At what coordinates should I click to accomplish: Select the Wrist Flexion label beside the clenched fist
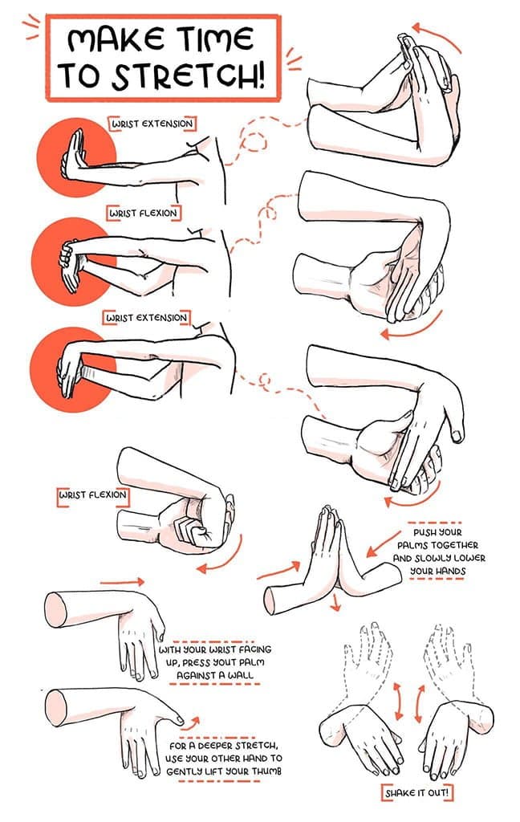tap(92, 494)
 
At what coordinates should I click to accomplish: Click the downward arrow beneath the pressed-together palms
tap(335, 602)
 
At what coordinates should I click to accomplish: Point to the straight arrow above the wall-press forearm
tap(129, 580)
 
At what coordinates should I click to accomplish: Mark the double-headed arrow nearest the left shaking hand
tap(396, 703)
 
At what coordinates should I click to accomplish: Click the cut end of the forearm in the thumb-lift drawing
tap(55, 707)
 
